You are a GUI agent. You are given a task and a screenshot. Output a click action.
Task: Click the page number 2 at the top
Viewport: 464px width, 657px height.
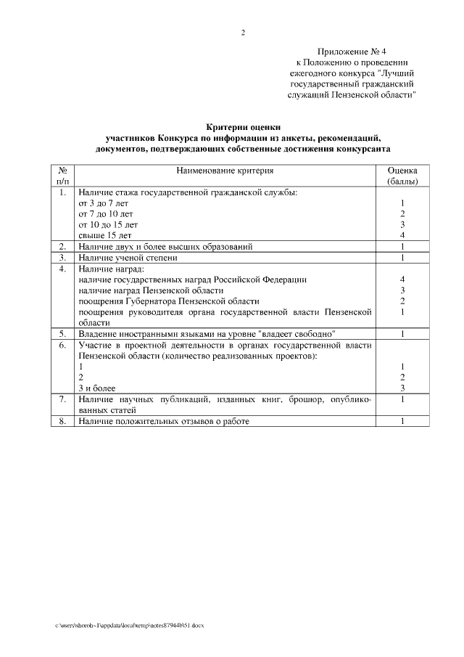tap(243, 32)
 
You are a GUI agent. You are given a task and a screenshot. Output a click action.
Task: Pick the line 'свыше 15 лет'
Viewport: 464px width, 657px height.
tap(104, 235)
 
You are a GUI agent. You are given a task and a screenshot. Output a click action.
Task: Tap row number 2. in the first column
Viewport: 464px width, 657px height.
tap(62, 247)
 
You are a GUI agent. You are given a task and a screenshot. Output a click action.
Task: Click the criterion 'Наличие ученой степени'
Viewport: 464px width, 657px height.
tap(128, 258)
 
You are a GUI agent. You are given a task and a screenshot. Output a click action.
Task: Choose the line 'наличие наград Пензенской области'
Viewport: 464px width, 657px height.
tap(146, 290)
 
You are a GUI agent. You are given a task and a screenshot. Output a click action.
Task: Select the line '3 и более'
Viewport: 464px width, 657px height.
tap(97, 388)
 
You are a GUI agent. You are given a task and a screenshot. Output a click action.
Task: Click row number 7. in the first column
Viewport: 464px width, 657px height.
tap(62, 399)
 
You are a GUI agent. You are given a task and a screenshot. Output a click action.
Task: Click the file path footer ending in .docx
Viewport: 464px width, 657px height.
tap(130, 626)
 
